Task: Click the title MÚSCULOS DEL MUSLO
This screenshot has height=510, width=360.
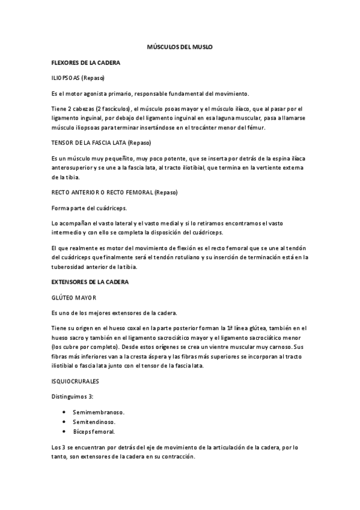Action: pos(180,46)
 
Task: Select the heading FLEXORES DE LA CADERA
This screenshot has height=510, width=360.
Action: pos(86,62)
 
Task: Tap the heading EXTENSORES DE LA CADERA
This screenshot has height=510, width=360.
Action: pos(89,281)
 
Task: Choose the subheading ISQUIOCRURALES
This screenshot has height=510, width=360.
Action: pos(76,381)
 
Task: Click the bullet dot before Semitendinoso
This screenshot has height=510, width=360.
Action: pos(64,422)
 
